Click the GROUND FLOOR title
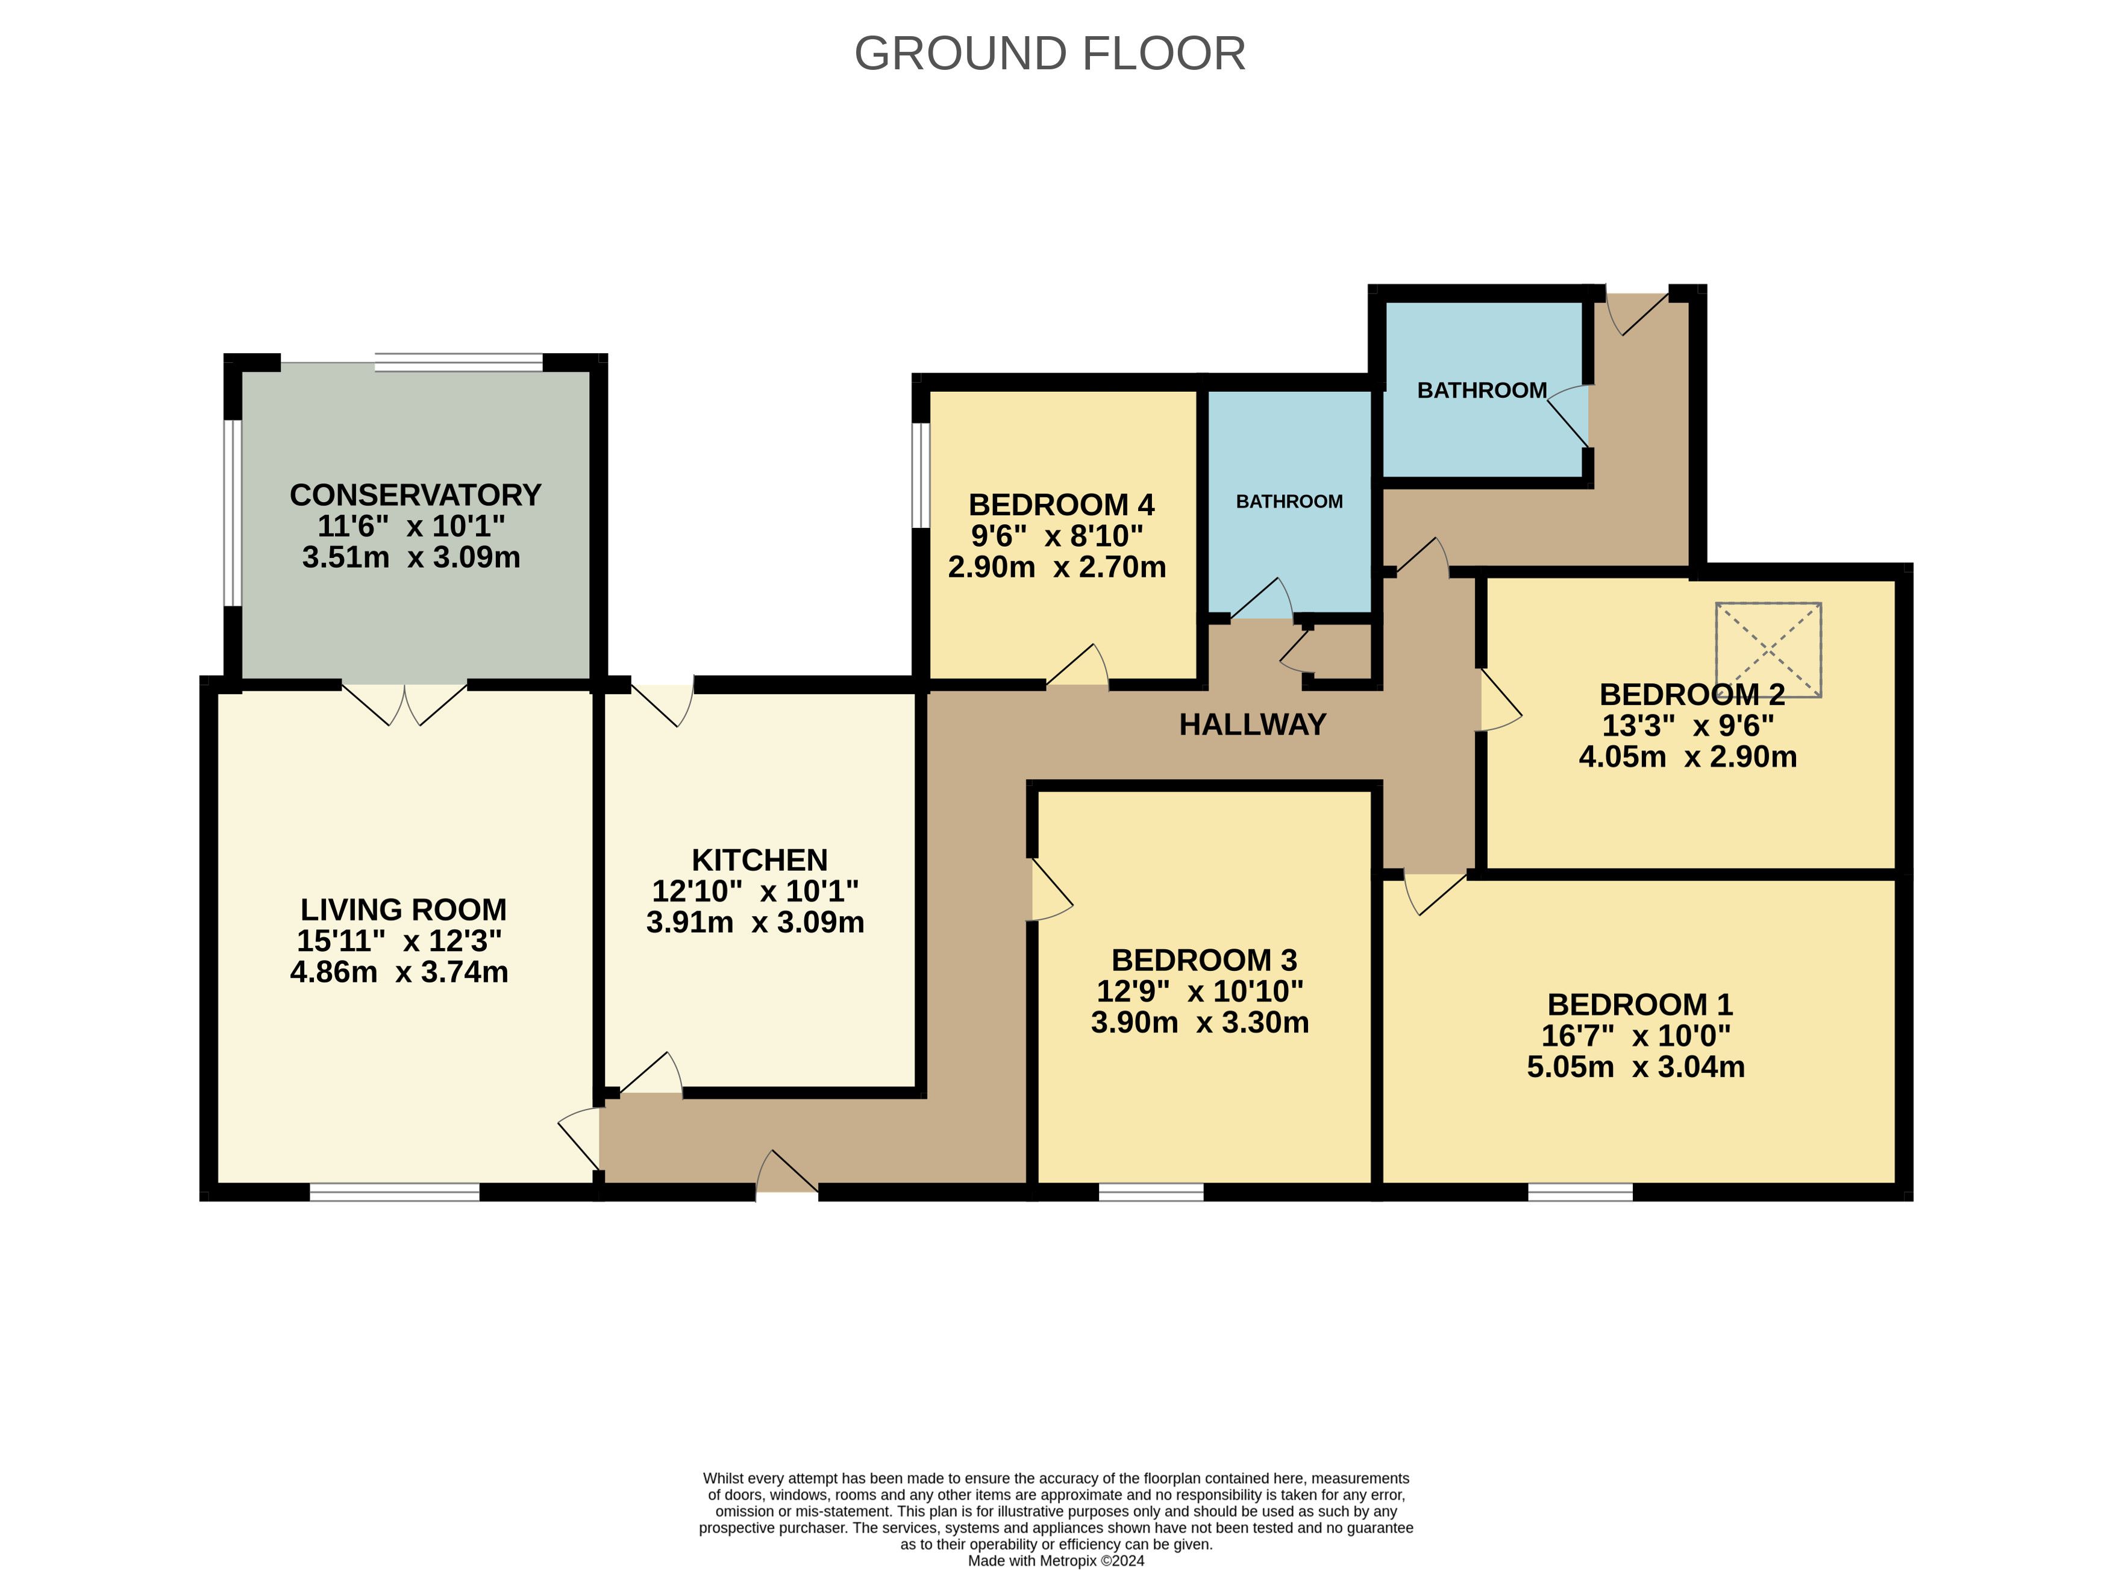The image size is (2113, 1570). click(x=1050, y=53)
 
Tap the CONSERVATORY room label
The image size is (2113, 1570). click(x=415, y=495)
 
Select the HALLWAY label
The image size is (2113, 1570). click(x=1252, y=725)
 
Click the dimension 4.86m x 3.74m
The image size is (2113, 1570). click(x=399, y=972)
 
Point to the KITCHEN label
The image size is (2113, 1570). click(x=759, y=860)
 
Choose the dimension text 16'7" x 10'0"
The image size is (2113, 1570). click(x=1636, y=1035)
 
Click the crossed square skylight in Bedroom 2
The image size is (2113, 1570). click(x=1768, y=650)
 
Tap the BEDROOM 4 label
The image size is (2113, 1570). click(x=1061, y=504)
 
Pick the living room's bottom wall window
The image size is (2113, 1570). click(x=395, y=1192)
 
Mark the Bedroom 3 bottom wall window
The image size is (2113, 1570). click(x=1151, y=1192)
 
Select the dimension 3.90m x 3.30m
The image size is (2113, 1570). click(x=1200, y=1023)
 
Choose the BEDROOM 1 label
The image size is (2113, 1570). click(x=1640, y=1005)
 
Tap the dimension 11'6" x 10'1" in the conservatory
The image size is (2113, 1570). click(x=412, y=527)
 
